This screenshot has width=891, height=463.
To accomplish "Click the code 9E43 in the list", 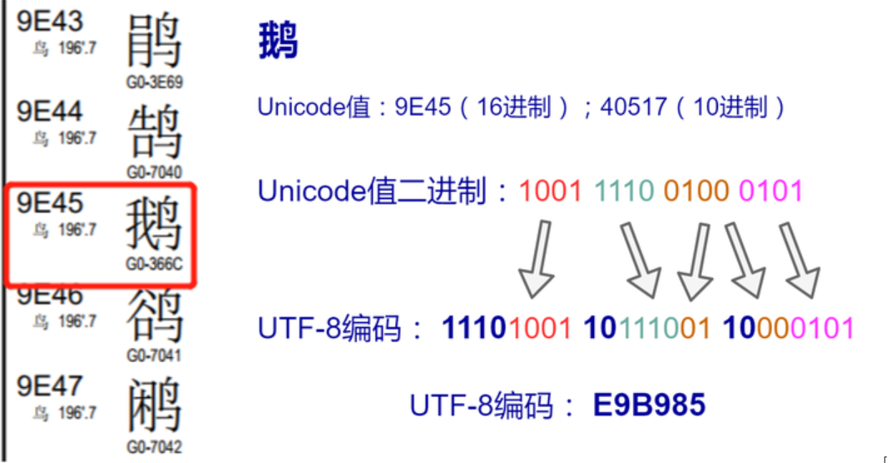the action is click(50, 21).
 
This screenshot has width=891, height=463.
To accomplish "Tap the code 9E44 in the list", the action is click(50, 112).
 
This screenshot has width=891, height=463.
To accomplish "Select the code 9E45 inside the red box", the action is click(50, 204).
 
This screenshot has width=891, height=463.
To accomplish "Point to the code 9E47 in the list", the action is click(50, 386).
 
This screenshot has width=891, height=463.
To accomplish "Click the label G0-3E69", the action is click(155, 82).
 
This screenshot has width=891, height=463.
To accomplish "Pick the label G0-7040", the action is click(155, 172).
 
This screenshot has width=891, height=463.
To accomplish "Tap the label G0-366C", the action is click(155, 265).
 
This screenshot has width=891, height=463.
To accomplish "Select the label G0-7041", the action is click(155, 356).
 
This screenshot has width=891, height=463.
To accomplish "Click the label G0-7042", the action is click(155, 447).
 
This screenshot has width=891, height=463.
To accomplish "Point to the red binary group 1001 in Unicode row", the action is click(550, 191).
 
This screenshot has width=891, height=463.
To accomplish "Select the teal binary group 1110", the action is click(624, 191).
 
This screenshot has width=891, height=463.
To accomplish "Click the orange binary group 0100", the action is click(696, 191).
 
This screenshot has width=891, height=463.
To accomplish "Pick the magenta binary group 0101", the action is click(771, 191).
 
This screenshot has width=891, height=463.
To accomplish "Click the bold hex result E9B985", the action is click(649, 406).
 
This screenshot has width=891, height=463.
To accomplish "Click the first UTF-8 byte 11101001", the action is click(507, 328).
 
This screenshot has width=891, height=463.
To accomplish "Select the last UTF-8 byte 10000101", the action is click(789, 328).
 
